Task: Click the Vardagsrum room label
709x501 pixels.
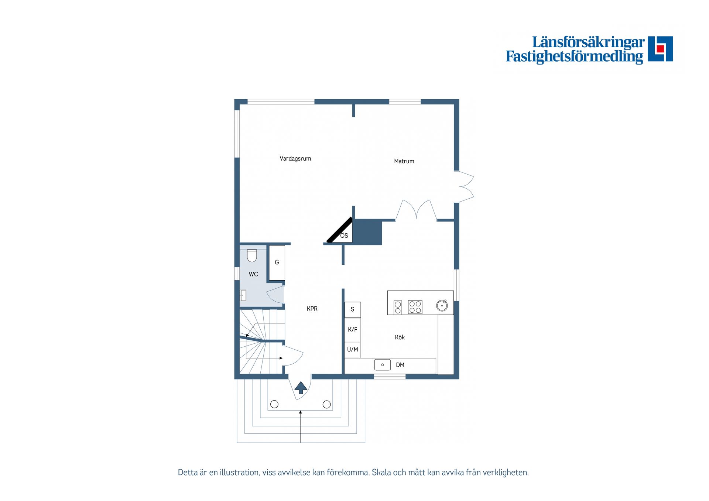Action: point(295,159)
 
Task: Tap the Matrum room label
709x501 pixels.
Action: point(404,161)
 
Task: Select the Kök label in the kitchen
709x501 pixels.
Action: point(400,337)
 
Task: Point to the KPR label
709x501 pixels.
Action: point(312,309)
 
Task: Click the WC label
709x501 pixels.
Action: point(253,274)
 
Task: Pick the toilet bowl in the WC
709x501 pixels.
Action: point(252,256)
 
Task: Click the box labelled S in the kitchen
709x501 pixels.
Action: point(353,310)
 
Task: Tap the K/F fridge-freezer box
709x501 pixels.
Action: point(353,330)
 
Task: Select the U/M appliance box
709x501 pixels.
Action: point(353,350)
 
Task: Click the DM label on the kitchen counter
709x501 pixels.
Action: point(400,365)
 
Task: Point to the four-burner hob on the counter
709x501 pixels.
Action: point(415,307)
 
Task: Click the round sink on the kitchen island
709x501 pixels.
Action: point(442,305)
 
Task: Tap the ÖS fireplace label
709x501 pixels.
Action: point(344,236)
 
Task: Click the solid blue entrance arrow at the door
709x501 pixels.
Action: point(301,388)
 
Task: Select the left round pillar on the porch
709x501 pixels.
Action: point(274,404)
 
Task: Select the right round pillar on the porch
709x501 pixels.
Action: point(327,404)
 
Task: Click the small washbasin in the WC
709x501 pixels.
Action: point(243,295)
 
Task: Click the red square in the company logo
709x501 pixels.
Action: point(660,49)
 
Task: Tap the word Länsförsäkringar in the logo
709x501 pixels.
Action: point(588,42)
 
